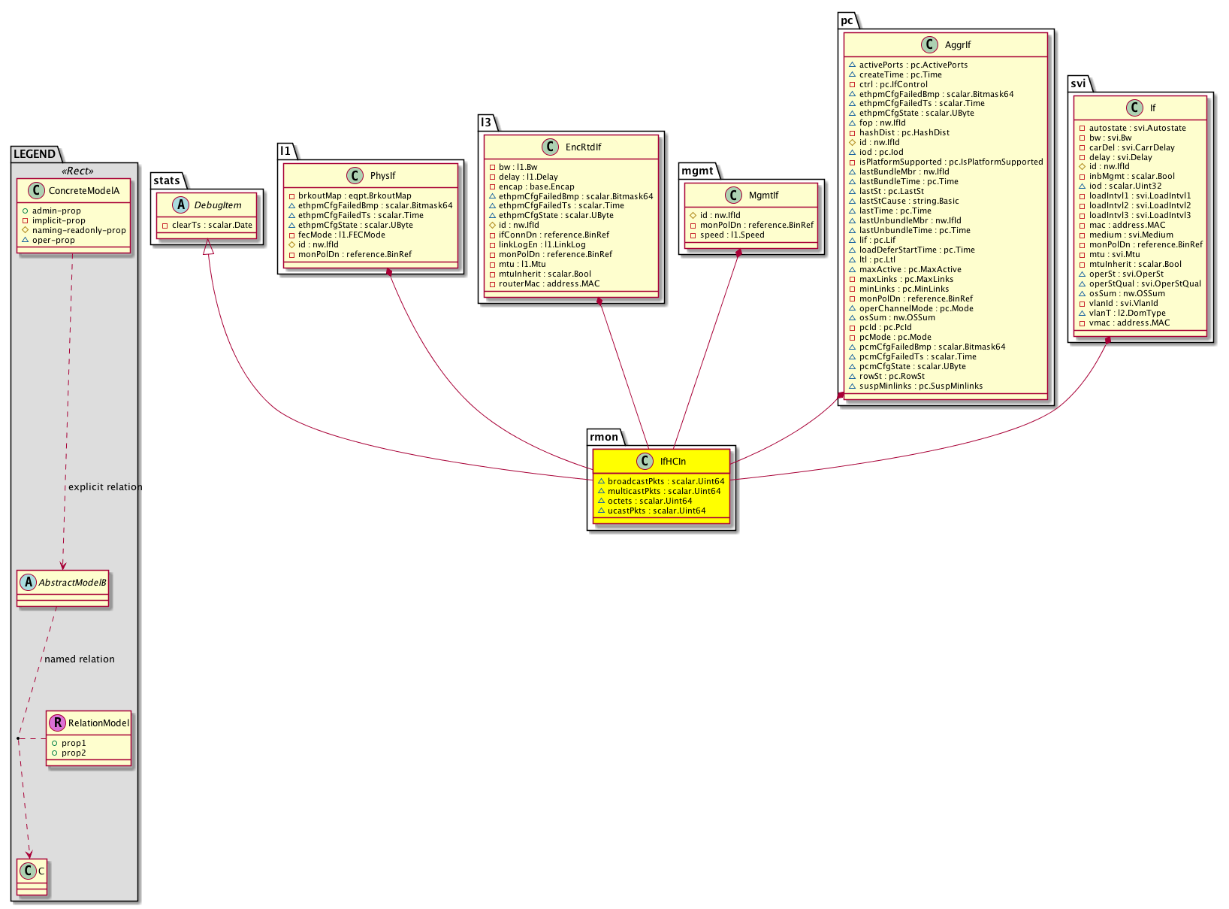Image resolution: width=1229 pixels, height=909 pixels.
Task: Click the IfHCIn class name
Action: [672, 462]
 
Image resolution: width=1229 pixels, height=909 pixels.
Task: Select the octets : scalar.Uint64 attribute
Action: [649, 501]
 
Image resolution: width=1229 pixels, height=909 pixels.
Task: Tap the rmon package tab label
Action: [603, 437]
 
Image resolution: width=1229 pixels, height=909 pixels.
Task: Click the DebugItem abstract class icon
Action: [180, 205]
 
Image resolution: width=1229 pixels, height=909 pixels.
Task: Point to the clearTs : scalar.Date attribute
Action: [212, 225]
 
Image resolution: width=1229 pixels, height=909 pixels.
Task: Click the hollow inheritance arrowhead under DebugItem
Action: [208, 247]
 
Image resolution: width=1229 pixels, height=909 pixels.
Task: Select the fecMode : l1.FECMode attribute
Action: [341, 235]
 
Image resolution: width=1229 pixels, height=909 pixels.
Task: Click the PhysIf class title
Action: [382, 176]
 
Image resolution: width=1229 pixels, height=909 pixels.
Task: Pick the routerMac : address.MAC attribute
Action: [549, 283]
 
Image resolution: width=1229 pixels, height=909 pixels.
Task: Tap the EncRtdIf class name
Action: [583, 147]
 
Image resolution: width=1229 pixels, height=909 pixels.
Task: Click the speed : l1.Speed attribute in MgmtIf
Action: [732, 235]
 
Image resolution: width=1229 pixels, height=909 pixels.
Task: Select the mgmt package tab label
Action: [697, 171]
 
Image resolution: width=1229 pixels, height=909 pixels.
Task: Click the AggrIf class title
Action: [958, 45]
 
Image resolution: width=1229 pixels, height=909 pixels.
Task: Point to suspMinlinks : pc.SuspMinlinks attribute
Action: [920, 386]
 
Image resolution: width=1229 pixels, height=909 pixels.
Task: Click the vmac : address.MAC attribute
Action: [1128, 323]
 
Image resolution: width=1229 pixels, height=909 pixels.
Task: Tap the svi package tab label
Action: [1078, 83]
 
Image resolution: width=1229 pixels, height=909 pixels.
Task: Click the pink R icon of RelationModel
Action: [57, 723]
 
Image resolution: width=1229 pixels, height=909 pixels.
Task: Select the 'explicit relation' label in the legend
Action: [105, 487]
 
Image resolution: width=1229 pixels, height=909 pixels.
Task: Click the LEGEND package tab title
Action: [35, 153]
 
